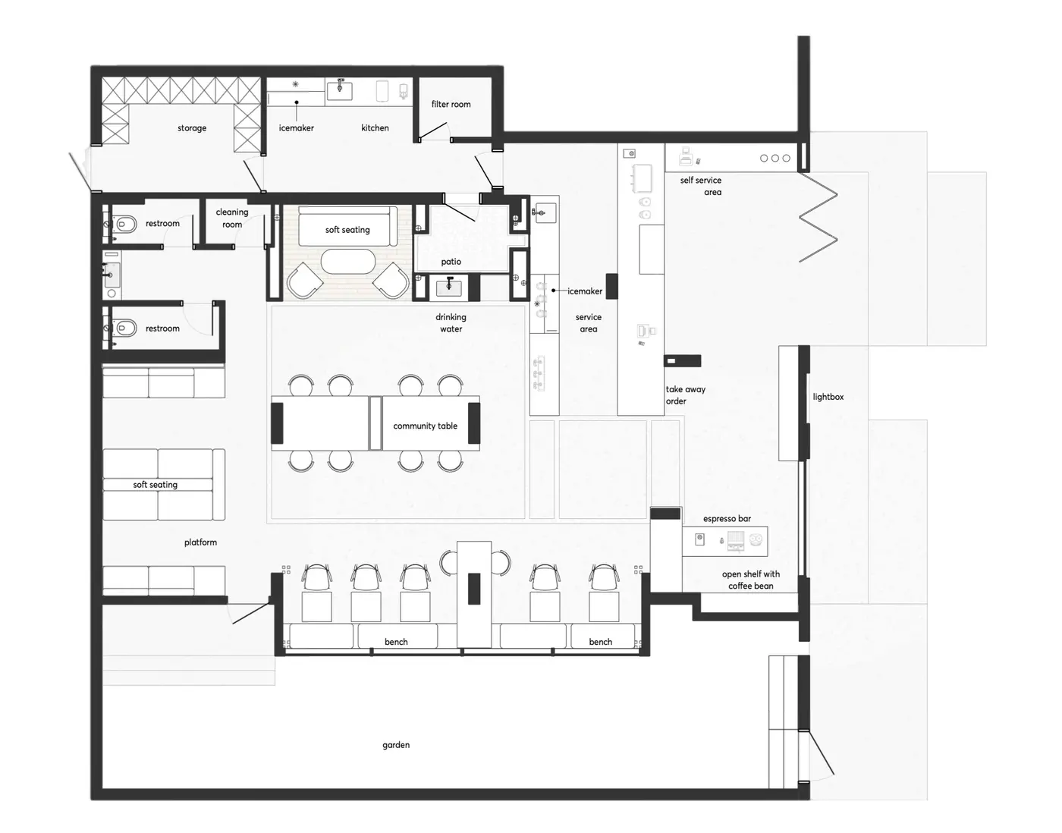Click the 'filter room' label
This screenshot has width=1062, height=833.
[451, 104]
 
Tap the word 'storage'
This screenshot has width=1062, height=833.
[192, 128]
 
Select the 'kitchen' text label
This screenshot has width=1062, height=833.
[375, 127]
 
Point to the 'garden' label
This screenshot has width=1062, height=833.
[396, 745]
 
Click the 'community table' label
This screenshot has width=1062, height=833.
[426, 426]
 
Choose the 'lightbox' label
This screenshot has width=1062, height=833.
[828, 397]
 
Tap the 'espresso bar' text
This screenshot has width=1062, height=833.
[727, 518]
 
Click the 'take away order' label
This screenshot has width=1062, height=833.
[685, 394]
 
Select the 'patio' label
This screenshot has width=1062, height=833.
[451, 262]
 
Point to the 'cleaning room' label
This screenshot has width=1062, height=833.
[231, 218]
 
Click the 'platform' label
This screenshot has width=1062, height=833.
[200, 542]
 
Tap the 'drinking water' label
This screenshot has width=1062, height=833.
[451, 322]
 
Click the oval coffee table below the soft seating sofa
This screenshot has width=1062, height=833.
[348, 262]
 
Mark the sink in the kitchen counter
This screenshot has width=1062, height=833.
[340, 90]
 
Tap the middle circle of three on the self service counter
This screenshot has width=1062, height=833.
[775, 158]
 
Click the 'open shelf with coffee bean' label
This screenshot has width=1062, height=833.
[751, 580]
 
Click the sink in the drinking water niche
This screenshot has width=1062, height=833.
[448, 287]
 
